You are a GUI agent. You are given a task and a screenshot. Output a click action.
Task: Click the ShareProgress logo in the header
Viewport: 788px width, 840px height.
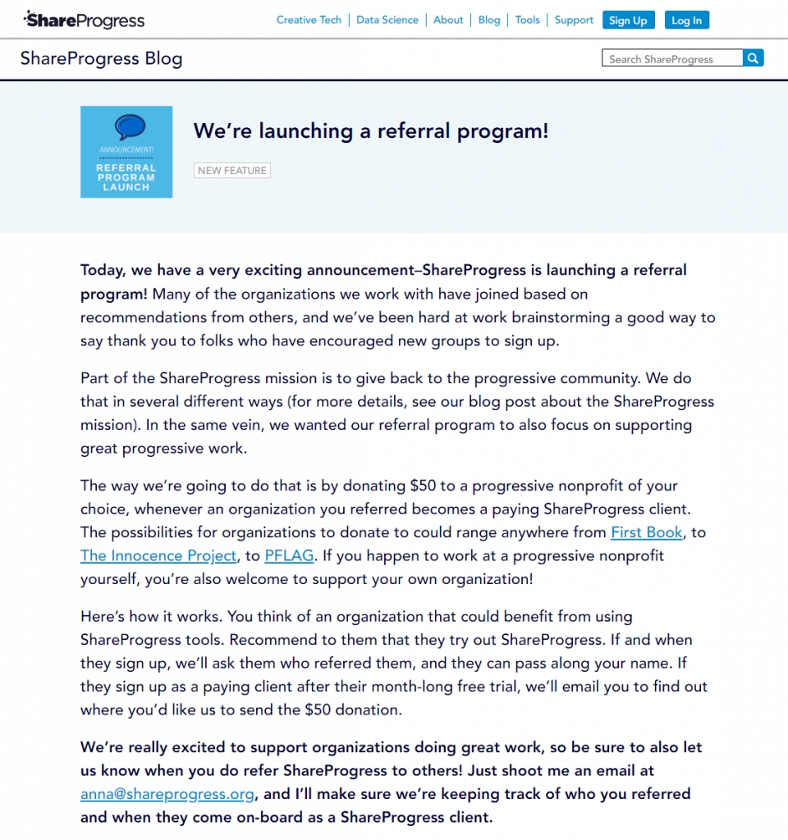click(84, 20)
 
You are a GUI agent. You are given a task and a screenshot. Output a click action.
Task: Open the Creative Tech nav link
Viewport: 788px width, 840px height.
click(309, 20)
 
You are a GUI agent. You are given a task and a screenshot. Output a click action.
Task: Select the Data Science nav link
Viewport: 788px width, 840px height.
click(387, 20)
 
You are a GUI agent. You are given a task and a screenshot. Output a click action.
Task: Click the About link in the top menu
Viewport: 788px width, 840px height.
click(448, 20)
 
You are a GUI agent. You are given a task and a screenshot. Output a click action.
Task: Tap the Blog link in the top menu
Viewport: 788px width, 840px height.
click(489, 20)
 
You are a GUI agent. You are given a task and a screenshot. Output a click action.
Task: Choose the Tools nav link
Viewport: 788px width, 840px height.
click(528, 20)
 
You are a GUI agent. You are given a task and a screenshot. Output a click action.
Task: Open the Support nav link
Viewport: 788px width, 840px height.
click(574, 20)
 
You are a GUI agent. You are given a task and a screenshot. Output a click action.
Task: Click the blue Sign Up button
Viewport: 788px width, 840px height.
click(628, 21)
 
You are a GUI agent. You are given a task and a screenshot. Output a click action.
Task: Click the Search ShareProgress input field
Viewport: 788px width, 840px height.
click(671, 59)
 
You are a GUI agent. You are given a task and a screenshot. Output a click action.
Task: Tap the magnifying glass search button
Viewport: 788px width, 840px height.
click(754, 58)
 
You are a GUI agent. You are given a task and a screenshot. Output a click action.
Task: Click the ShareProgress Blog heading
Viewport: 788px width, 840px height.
click(101, 59)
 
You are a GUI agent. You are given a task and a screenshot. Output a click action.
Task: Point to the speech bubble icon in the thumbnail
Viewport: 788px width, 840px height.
click(130, 126)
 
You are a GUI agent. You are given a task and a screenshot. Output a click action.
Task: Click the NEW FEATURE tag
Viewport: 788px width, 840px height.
click(232, 171)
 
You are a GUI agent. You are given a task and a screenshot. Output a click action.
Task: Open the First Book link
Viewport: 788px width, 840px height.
click(647, 532)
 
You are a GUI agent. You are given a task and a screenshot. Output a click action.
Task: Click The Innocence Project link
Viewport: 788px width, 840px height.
click(158, 555)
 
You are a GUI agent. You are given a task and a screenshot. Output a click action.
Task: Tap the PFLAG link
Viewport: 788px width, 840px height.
click(289, 555)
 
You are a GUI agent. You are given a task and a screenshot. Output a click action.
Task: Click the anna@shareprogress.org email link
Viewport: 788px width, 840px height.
click(168, 794)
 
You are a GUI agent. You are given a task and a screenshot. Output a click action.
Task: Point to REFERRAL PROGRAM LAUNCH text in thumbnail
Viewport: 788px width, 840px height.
click(126, 177)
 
